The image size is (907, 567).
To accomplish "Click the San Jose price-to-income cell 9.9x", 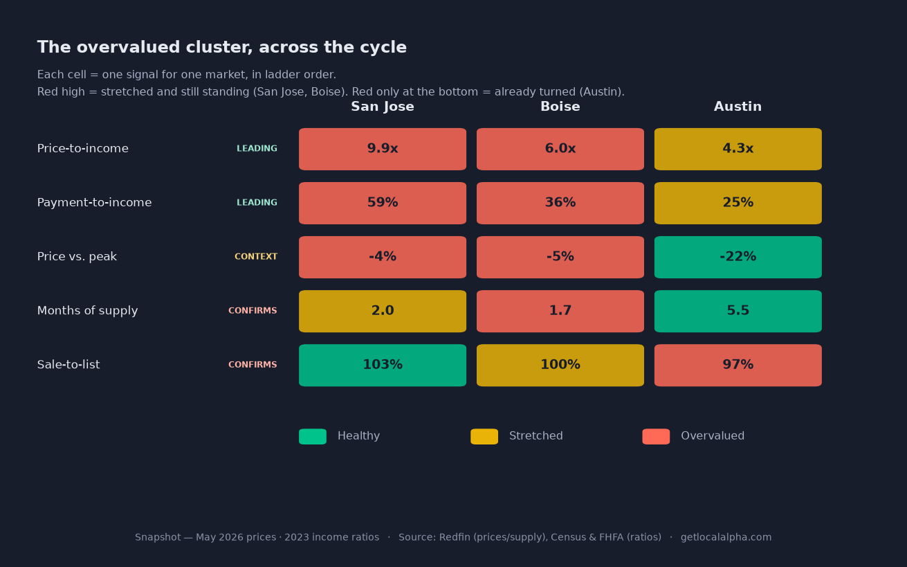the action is (x=382, y=149).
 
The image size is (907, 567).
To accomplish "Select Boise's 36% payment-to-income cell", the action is (x=560, y=203).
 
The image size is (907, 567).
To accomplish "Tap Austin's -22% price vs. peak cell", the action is (x=737, y=257).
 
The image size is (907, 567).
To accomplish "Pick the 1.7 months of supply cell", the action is (x=560, y=311).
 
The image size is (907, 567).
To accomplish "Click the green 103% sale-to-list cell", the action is (x=382, y=365).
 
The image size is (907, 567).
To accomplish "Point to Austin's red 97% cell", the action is (x=737, y=365).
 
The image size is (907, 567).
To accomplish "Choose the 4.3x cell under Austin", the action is (x=737, y=149).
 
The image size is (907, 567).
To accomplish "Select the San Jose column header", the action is (x=382, y=107).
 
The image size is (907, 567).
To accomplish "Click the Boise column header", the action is (x=560, y=107).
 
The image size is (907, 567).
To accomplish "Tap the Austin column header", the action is (x=737, y=107).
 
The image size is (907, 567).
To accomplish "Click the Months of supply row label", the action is (x=87, y=311).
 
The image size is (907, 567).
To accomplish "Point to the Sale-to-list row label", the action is (x=68, y=365).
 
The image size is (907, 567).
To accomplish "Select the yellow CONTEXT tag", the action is (x=256, y=257).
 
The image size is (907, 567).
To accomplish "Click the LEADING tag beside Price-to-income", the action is (x=257, y=148).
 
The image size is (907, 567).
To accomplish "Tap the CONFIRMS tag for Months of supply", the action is (x=253, y=310).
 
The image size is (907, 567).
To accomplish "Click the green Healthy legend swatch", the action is (x=313, y=436).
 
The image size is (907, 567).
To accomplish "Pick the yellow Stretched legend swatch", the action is (x=484, y=436).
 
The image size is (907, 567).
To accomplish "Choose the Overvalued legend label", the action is (x=713, y=435).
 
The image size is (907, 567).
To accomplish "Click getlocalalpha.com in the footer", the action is (x=726, y=537).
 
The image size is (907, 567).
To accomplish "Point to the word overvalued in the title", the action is (x=128, y=47).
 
